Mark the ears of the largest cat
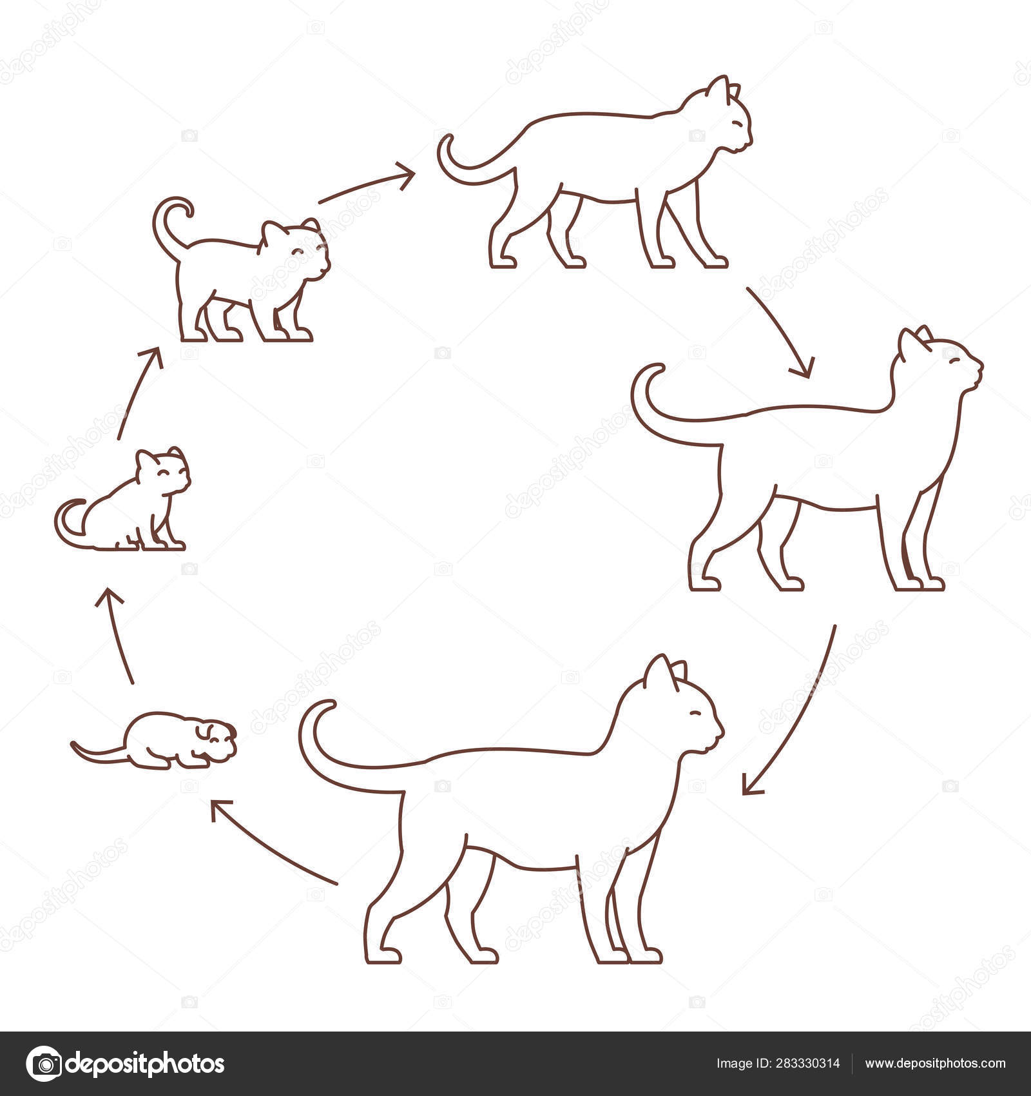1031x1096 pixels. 664,674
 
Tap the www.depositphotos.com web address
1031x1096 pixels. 935,1063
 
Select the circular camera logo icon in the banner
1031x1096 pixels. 43,1064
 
